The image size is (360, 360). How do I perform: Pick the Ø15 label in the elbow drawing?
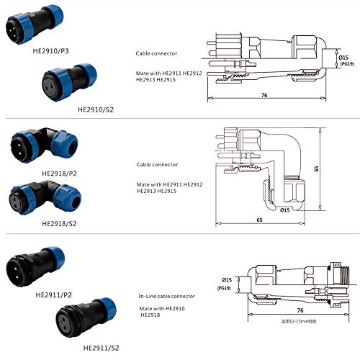(x=284, y=210)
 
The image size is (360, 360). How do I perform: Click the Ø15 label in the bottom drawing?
(x=226, y=279)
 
